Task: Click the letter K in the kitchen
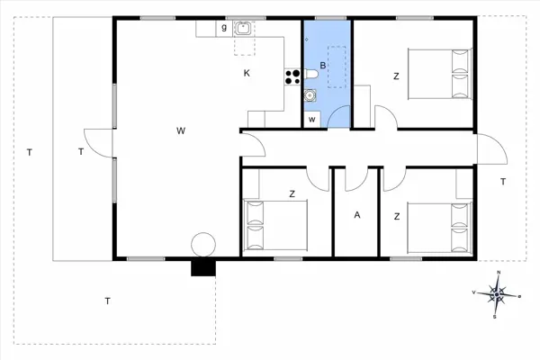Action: [246, 74]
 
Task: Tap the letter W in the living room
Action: [181, 131]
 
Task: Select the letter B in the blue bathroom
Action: [322, 66]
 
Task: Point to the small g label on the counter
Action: [223, 28]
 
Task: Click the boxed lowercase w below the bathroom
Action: [312, 119]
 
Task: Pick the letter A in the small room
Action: [357, 215]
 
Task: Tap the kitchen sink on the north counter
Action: [243, 27]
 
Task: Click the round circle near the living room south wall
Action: [203, 244]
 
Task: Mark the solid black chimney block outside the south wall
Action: [203, 267]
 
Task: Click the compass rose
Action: [498, 292]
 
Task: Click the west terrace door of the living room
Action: [102, 148]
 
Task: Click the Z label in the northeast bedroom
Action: [395, 76]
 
